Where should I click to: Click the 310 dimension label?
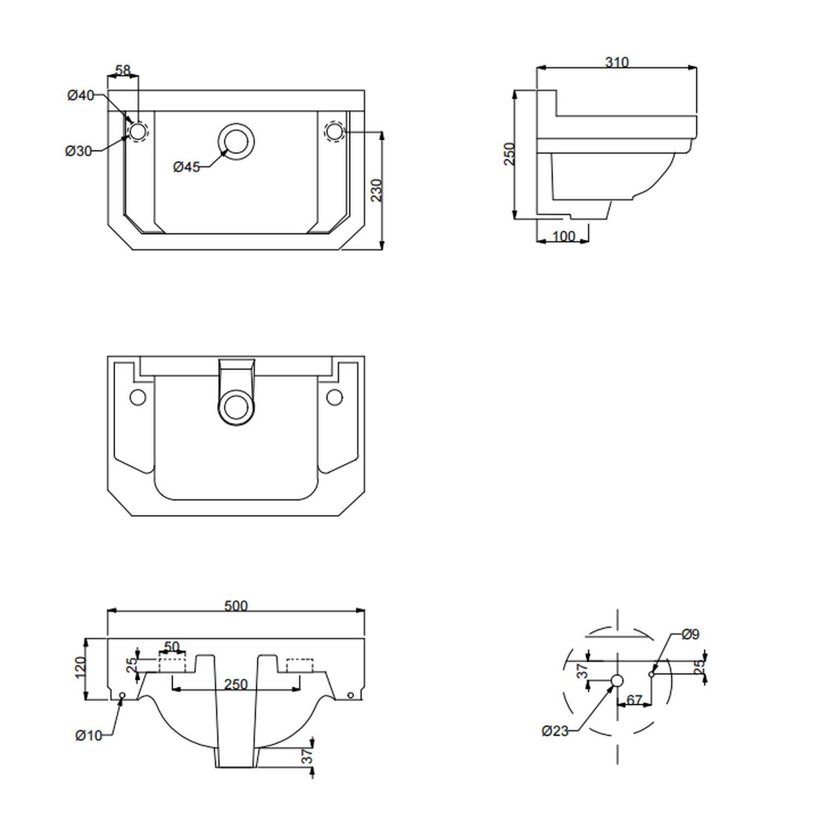tap(617, 62)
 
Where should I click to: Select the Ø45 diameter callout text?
tap(187, 167)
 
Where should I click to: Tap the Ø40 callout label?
tap(81, 96)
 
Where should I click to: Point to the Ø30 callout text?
tap(79, 151)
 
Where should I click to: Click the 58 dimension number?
tap(123, 70)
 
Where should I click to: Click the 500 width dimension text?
tap(236, 606)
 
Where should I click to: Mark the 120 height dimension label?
tap(80, 667)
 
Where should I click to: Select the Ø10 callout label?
tap(88, 735)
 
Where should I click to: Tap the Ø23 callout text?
tap(555, 731)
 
